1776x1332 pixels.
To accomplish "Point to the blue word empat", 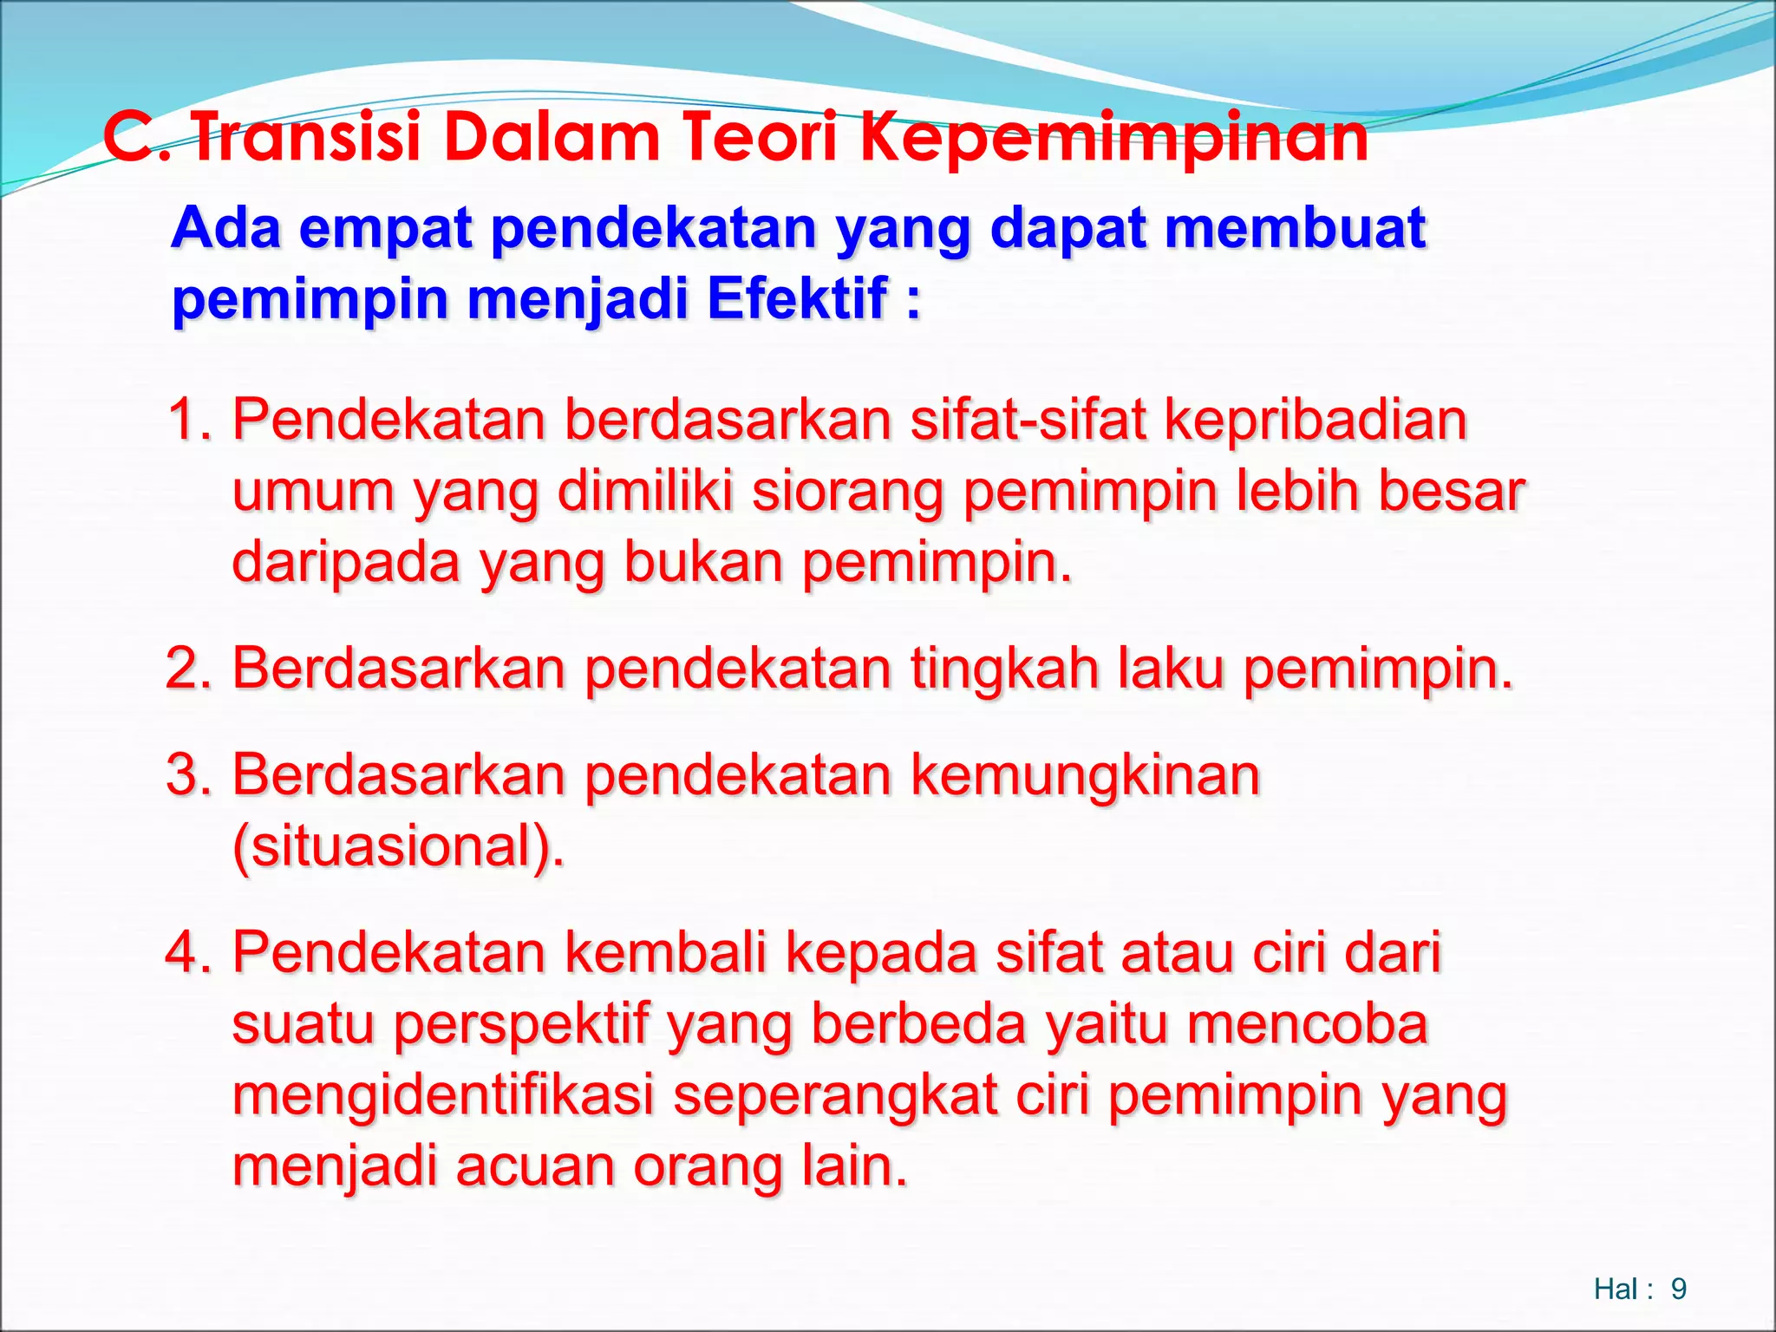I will pyautogui.click(x=386, y=229).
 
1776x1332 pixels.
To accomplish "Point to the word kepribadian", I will pyautogui.click(x=1315, y=421).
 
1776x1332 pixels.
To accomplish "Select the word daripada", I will pyautogui.click(x=346, y=564).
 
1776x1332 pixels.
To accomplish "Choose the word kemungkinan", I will pyautogui.click(x=1085, y=776).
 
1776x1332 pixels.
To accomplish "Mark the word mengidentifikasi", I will pyautogui.click(x=443, y=1096).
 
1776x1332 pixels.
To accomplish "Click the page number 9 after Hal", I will pyautogui.click(x=1678, y=1290).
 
